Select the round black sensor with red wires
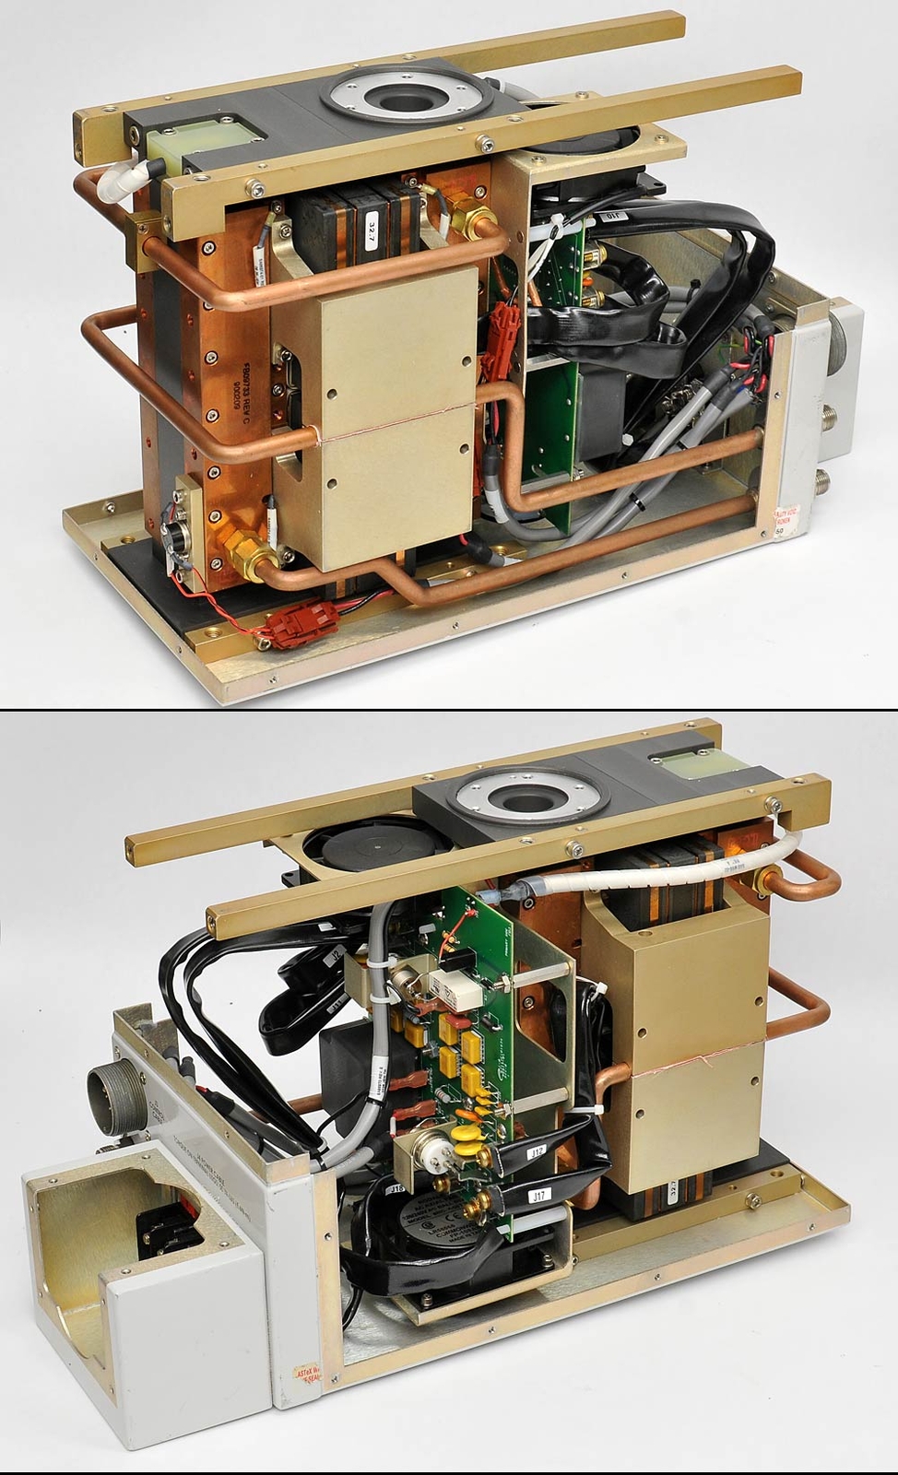(x=173, y=537)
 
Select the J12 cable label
(x=536, y=1152)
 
